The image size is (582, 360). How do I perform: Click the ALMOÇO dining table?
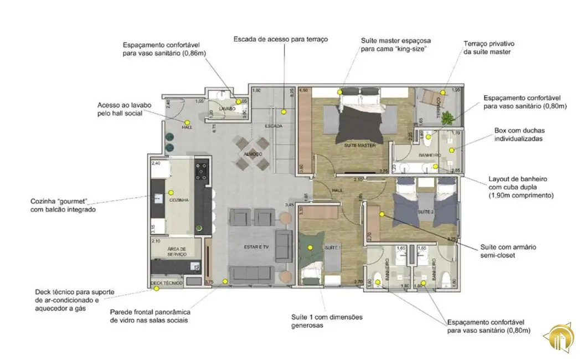pyautogui.click(x=253, y=153)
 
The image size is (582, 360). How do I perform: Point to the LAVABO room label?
pyautogui.click(x=228, y=109)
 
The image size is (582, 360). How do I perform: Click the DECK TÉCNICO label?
pyautogui.click(x=167, y=283)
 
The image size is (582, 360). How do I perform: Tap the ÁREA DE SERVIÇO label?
pyautogui.click(x=176, y=251)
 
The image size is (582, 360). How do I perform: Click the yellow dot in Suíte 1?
pyautogui.click(x=310, y=247)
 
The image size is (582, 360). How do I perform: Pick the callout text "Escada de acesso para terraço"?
pyautogui.click(x=281, y=39)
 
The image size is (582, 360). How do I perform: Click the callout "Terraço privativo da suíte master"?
pyautogui.click(x=490, y=47)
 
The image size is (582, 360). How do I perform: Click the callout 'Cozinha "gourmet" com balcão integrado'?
pyautogui.click(x=63, y=205)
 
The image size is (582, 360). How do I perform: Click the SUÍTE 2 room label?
pyautogui.click(x=425, y=212)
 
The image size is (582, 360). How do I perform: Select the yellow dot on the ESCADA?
pyautogui.click(x=284, y=111)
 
